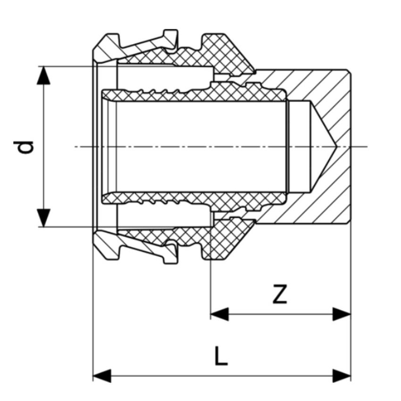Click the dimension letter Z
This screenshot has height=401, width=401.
tap(280, 295)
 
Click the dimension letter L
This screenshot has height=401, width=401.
tap(221, 356)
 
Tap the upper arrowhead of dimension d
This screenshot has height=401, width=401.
tap(44, 75)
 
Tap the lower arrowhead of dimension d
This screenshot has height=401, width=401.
tap(44, 217)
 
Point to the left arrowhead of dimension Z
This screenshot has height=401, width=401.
tap(219, 314)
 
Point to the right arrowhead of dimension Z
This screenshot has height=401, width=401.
tap(342, 314)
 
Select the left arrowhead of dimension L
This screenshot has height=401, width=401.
tap(102, 376)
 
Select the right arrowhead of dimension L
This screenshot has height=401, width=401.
tap(342, 376)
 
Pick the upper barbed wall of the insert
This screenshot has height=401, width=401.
tap(189, 94)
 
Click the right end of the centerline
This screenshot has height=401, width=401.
tap(365, 147)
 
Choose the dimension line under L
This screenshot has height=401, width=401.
tap(222, 376)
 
